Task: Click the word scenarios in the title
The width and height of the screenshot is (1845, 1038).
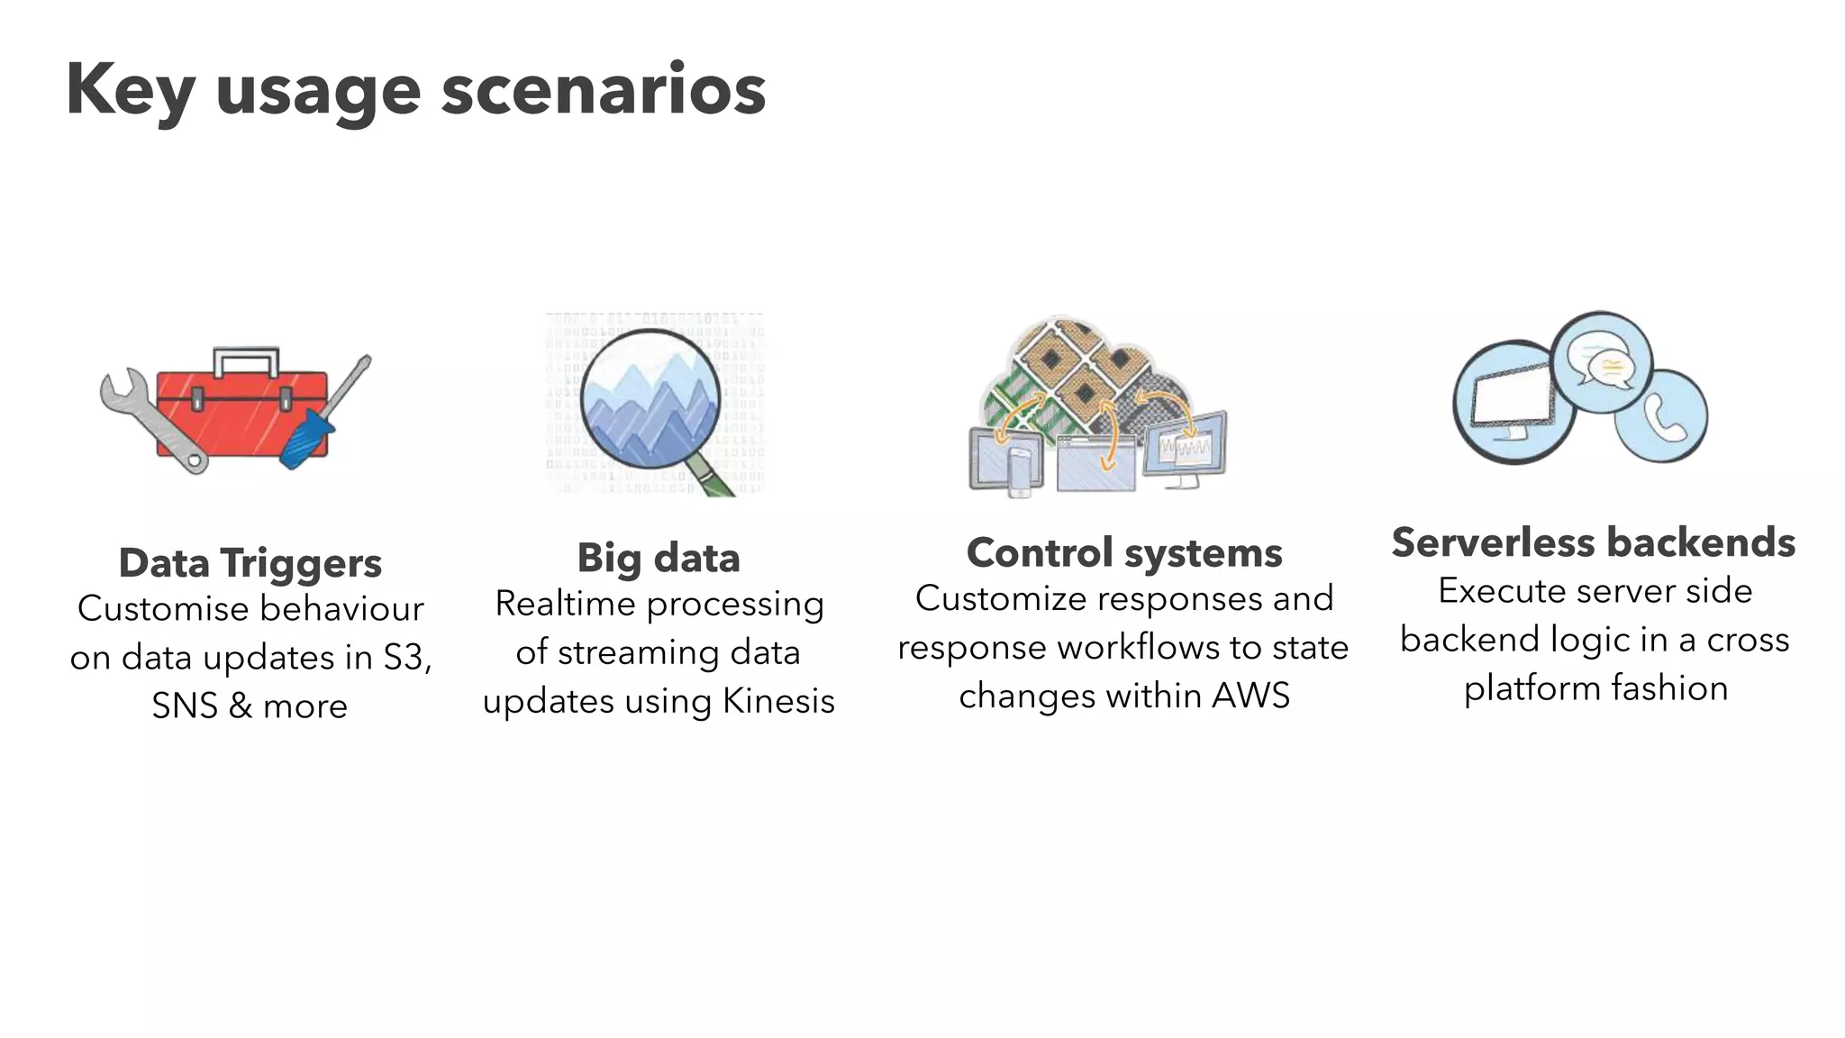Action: point(603,90)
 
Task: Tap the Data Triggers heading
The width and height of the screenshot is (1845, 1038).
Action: point(250,563)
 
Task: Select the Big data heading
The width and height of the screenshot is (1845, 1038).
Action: point(659,558)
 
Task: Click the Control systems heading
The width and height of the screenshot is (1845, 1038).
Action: point(1123,552)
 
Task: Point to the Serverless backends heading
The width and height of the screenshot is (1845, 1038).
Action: point(1593,542)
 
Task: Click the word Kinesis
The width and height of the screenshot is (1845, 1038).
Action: point(778,701)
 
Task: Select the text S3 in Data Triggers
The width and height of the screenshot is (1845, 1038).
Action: point(403,657)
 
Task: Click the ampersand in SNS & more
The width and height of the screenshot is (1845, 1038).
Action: point(240,706)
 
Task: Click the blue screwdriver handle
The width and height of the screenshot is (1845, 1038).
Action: point(306,439)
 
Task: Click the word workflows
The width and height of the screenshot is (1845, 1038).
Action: point(1122,647)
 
